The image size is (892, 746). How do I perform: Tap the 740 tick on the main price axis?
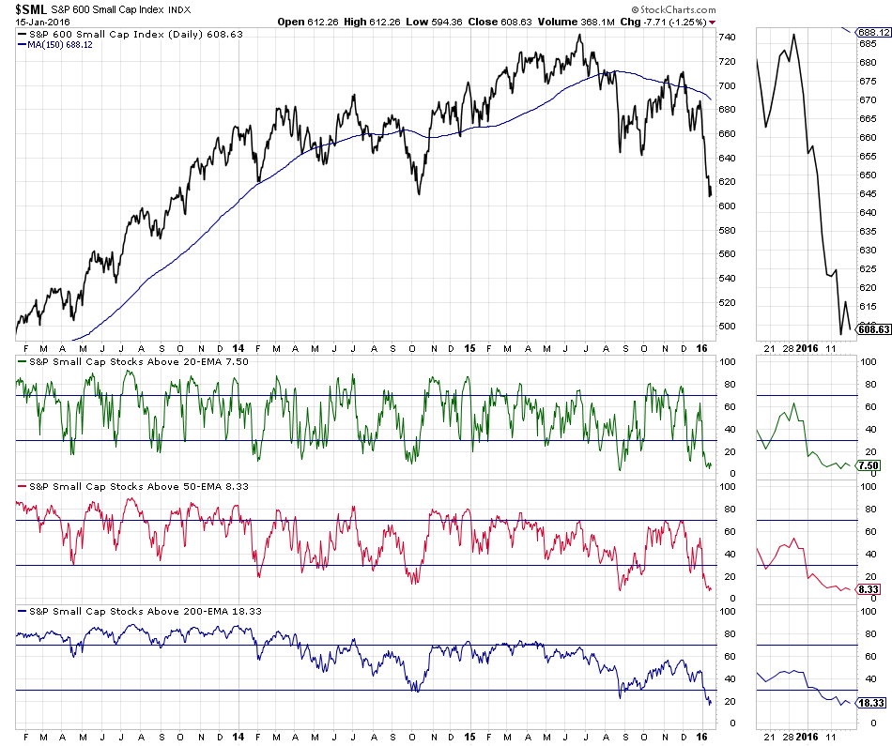(x=727, y=38)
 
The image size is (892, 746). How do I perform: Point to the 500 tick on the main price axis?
(x=727, y=327)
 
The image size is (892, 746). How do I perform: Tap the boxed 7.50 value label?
(x=871, y=465)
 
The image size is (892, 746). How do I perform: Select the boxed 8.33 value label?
(x=871, y=589)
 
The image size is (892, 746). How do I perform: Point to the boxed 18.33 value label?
(x=872, y=703)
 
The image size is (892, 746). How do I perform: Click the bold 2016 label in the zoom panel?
(x=807, y=348)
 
